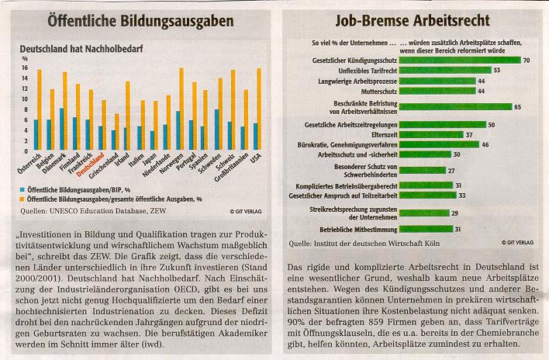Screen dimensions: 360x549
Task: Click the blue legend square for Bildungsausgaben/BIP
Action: (x=25, y=189)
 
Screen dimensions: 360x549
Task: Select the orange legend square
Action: (x=25, y=199)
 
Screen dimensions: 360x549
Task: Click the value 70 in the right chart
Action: (x=527, y=60)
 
